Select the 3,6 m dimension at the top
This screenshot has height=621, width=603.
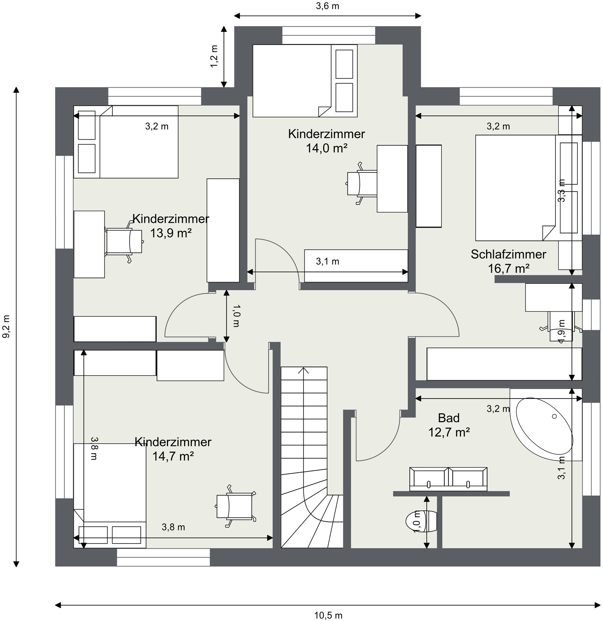coord(328,6)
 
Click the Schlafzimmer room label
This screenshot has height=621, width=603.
coord(508,254)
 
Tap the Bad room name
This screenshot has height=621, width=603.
coord(449,418)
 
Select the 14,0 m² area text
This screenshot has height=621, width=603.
coord(327,148)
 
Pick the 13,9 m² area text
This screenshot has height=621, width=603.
coord(171,233)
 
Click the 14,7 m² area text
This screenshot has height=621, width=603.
coord(173,456)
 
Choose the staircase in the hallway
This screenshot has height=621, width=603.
coord(312,457)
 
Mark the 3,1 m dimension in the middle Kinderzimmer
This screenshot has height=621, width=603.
coord(328,262)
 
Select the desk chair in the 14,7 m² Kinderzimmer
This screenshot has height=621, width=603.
coord(236,506)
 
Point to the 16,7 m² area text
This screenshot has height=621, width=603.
coord(509,269)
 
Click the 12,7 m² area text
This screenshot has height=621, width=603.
coord(449,433)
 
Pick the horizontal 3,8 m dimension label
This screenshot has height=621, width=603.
coord(173,527)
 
